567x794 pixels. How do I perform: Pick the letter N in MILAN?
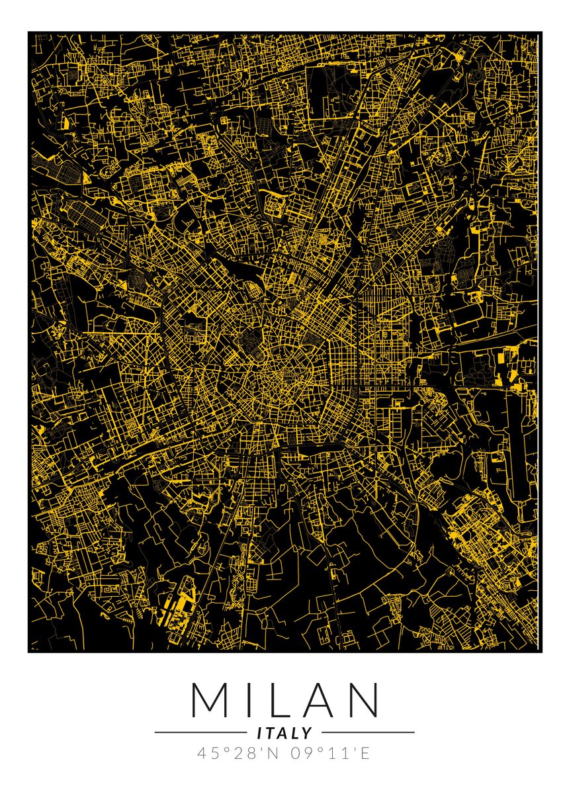363,699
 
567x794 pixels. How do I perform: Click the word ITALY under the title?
284,733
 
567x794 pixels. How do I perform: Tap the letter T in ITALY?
270,733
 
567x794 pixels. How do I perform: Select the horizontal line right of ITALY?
368,732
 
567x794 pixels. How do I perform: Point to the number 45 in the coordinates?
206,754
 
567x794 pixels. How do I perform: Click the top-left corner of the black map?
28,32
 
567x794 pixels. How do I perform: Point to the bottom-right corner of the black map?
541,652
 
